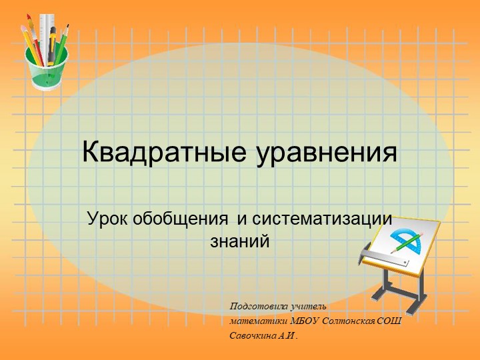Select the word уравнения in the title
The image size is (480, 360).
click(x=327, y=153)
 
